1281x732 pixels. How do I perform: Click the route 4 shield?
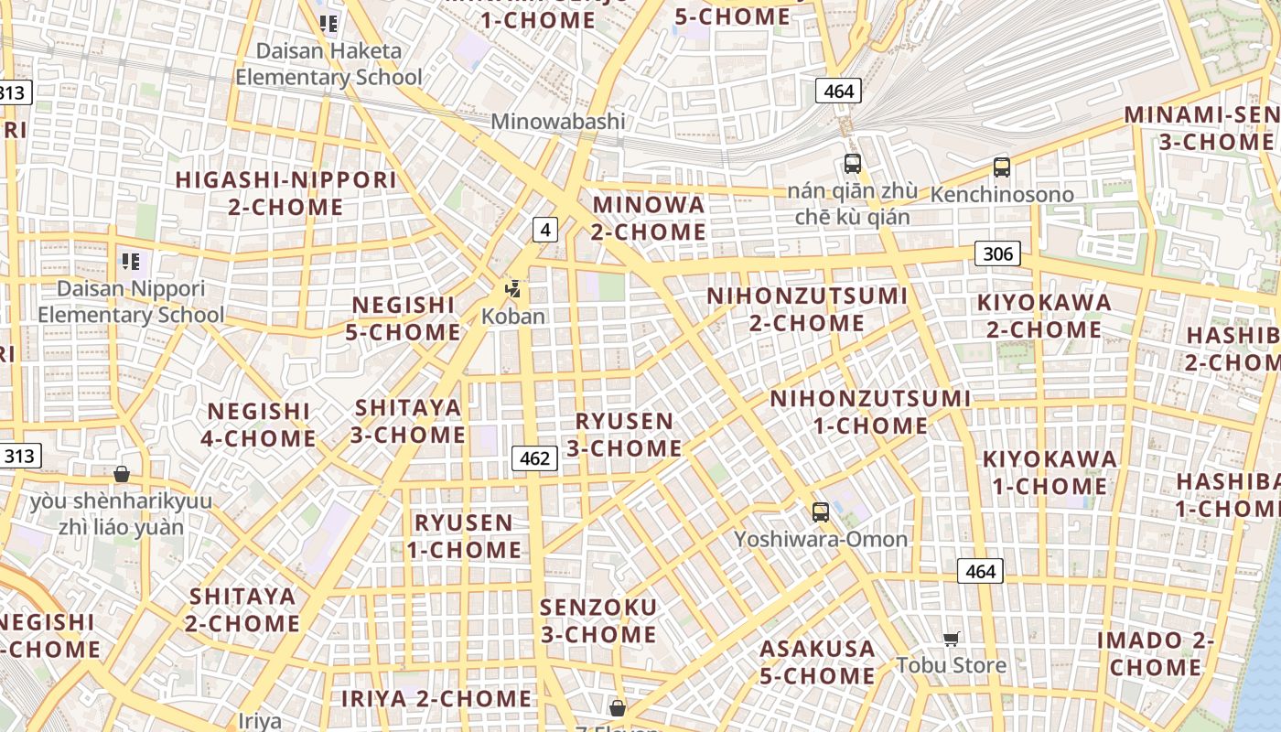click(x=545, y=230)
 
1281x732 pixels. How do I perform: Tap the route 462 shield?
click(x=534, y=457)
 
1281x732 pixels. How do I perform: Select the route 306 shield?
click(x=997, y=253)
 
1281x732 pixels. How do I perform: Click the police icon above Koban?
click(x=513, y=289)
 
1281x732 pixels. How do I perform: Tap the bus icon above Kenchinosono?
click(x=1002, y=167)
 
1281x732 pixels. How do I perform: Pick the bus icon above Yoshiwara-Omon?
click(x=821, y=512)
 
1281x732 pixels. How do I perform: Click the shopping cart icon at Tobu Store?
click(x=952, y=639)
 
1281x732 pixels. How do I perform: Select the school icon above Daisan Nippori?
click(x=131, y=262)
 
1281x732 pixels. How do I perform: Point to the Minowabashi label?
click(x=558, y=122)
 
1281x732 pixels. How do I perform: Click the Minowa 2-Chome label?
click(x=649, y=218)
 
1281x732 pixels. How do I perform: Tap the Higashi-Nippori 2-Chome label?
click(x=286, y=193)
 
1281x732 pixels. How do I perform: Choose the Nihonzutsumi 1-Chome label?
click(x=870, y=412)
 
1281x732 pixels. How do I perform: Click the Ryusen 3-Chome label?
click(x=624, y=435)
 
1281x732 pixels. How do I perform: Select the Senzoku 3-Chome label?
click(x=598, y=620)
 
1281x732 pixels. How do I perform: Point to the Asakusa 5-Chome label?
click(x=818, y=662)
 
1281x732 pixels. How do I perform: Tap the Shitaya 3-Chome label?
click(x=408, y=420)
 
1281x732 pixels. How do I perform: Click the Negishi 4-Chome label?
click(x=259, y=425)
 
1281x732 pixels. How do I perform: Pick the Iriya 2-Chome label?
click(x=436, y=699)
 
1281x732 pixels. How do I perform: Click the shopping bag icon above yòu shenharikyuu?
click(x=122, y=474)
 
